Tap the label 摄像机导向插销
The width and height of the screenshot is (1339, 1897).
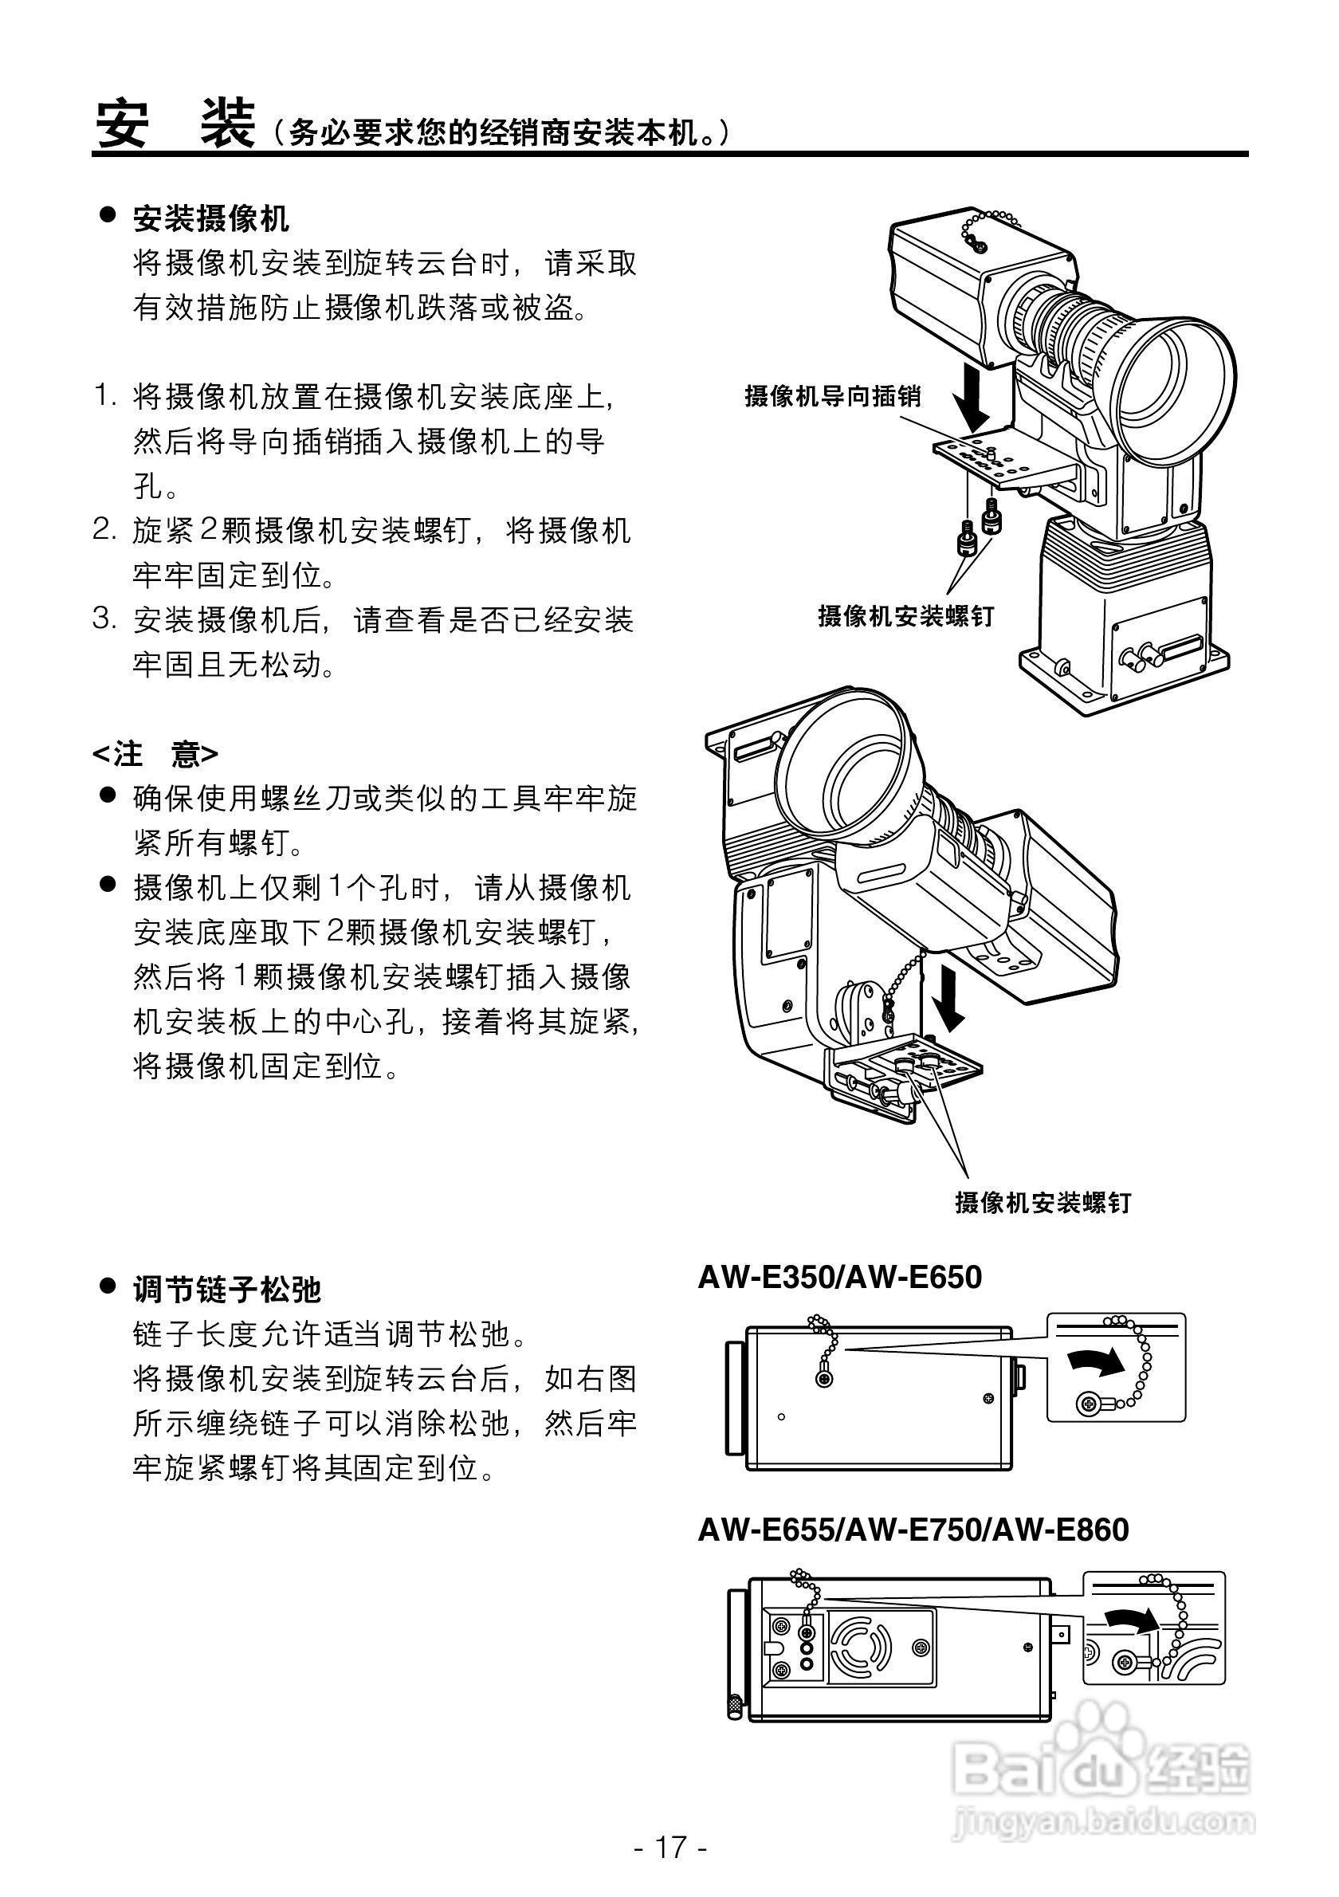(833, 397)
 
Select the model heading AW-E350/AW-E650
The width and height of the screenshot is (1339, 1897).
(840, 1278)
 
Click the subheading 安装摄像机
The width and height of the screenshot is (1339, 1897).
(210, 219)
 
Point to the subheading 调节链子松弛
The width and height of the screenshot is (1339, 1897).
(226, 1289)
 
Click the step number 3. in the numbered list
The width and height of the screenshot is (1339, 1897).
(105, 619)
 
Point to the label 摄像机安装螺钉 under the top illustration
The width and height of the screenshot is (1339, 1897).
(905, 616)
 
